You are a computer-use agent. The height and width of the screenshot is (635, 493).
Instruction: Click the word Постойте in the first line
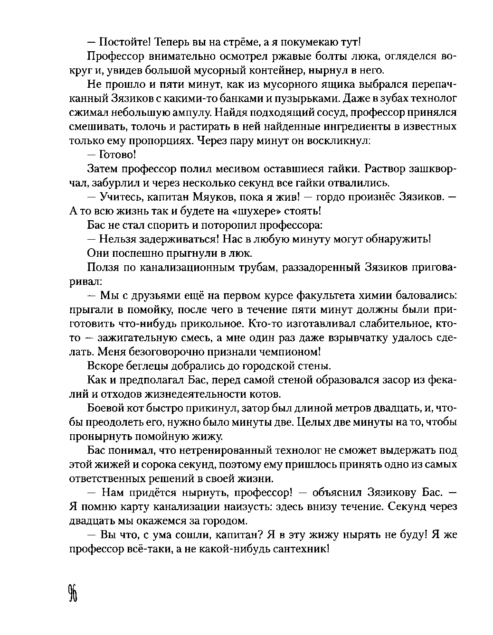click(125, 42)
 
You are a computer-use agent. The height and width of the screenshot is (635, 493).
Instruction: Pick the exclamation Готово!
click(118, 155)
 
